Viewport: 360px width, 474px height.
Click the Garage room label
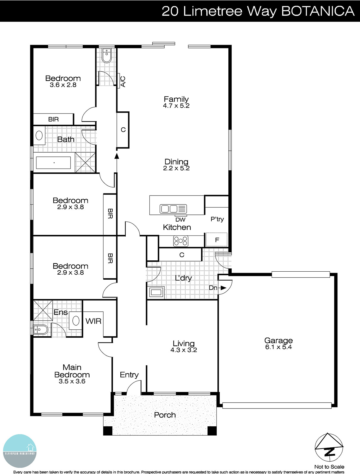[278, 340]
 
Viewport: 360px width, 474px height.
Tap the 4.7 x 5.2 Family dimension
[176, 106]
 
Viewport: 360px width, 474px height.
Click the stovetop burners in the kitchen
[181, 241]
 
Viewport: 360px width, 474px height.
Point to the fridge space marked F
[217, 240]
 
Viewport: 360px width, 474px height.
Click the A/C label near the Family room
[123, 81]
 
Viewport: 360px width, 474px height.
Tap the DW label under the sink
[180, 220]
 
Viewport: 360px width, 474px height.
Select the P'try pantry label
[217, 219]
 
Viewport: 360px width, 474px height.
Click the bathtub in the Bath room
[53, 163]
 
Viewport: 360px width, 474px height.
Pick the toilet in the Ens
[40, 329]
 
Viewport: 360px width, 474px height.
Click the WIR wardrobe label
[93, 321]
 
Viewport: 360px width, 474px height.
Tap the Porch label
[165, 415]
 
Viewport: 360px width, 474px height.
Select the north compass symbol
[329, 448]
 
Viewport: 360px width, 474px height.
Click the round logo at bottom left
[20, 451]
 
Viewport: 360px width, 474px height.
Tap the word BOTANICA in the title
[317, 11]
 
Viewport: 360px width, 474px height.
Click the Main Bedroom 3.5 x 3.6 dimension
[72, 381]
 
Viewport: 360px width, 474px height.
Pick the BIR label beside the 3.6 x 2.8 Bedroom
[53, 119]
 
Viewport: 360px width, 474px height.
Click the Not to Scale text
[329, 467]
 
